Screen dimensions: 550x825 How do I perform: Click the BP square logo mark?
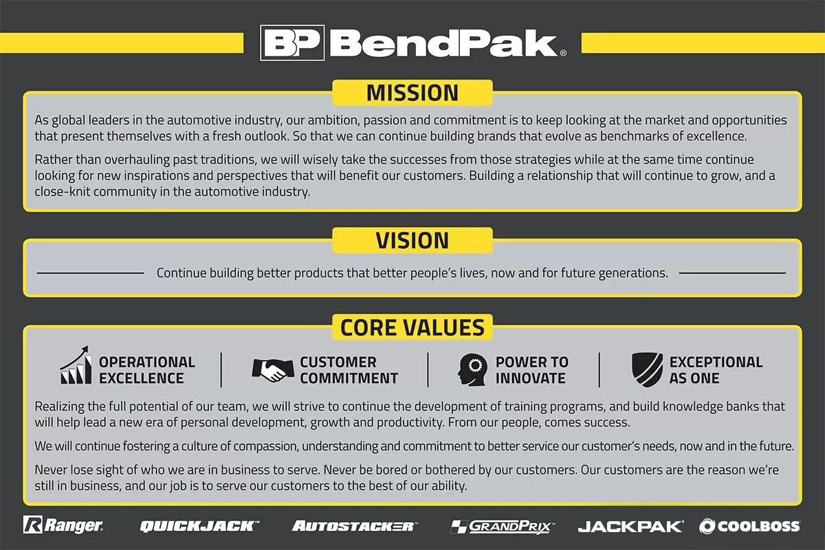[x=292, y=43]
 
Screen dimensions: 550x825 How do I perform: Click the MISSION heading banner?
[x=412, y=93]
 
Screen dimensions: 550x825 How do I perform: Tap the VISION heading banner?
[x=412, y=241]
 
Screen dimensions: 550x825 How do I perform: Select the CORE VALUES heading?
[x=412, y=327]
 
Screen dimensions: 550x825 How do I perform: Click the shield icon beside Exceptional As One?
[x=646, y=369]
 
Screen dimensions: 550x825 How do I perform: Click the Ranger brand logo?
[x=63, y=526]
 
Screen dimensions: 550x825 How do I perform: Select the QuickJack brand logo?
[x=199, y=526]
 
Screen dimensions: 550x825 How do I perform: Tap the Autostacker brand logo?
[x=354, y=526]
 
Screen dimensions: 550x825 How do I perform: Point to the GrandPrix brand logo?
[x=503, y=527]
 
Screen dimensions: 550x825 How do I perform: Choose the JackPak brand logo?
[x=630, y=527]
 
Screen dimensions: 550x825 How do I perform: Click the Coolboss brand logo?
[x=750, y=526]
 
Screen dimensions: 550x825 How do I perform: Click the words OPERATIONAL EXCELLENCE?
[x=146, y=370]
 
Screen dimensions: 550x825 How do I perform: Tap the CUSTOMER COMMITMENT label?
[x=349, y=370]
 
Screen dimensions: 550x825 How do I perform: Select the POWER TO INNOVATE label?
[x=531, y=370]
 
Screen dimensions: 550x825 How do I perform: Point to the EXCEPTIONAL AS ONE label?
[x=716, y=370]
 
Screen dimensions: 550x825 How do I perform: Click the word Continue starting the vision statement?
[x=181, y=273]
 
